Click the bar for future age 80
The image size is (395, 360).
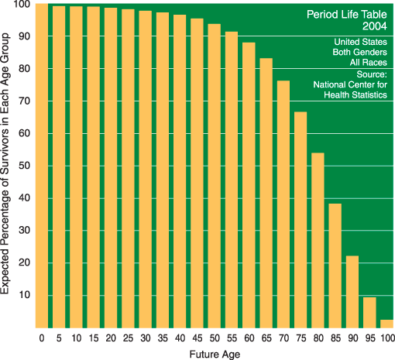(318, 240)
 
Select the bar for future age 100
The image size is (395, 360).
(386, 323)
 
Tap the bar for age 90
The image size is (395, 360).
(352, 291)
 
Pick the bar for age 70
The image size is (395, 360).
(283, 204)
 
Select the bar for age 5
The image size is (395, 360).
(59, 166)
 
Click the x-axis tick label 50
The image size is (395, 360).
(214, 338)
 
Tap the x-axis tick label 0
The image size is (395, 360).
(42, 338)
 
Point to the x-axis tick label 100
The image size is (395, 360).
(386, 338)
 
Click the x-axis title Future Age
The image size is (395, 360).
(214, 353)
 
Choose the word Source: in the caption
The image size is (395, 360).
(371, 74)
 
